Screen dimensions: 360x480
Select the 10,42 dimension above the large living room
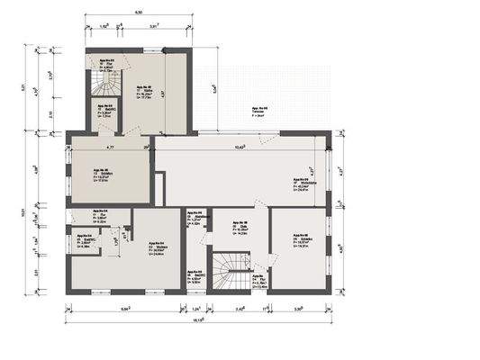[x=240, y=146]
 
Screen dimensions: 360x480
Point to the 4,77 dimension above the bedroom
[x=110, y=146]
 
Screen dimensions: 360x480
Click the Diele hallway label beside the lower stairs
[x=239, y=229]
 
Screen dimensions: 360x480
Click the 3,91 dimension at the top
[x=154, y=26]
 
